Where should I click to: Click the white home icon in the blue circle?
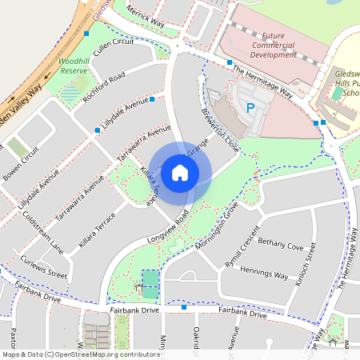coord(180,172)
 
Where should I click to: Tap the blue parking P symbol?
coord(250,106)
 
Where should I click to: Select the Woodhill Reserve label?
coord(73,66)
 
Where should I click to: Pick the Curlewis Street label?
coord(45,266)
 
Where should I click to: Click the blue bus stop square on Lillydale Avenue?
coord(98,130)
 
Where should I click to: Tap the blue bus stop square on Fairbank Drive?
coord(184,307)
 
